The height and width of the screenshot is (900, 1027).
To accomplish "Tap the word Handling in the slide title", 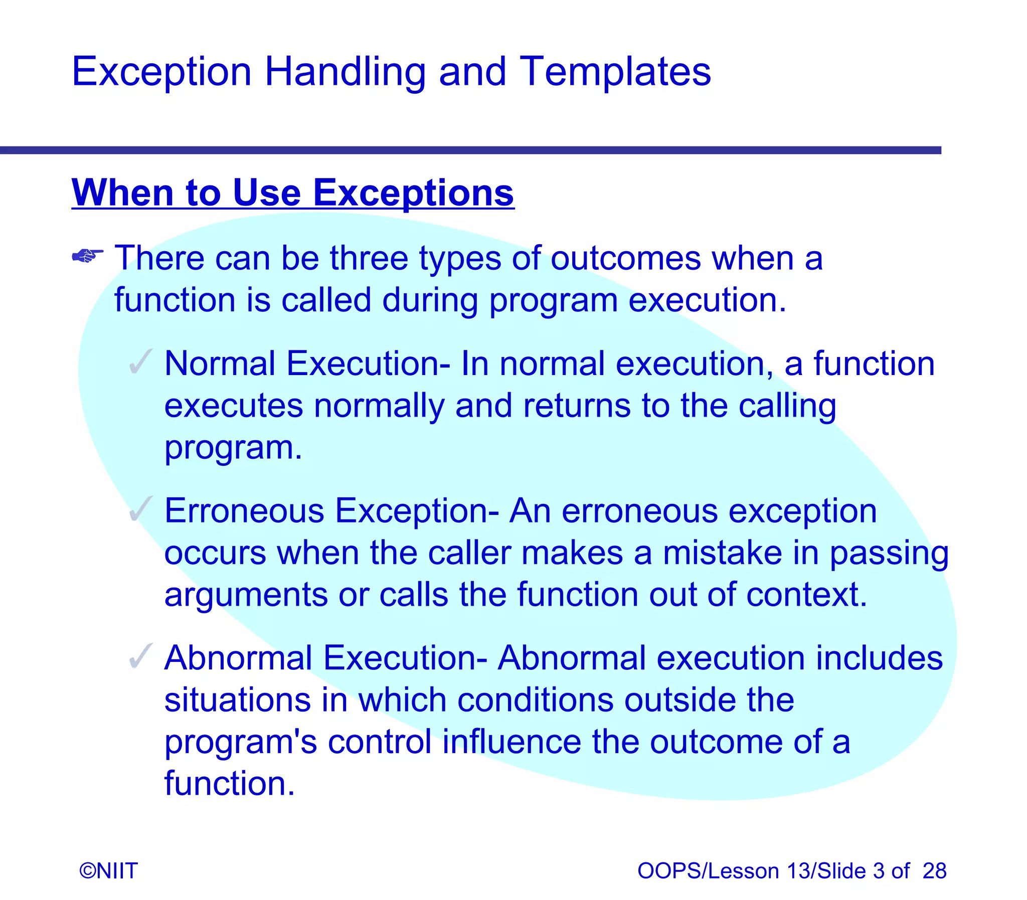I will pyautogui.click(x=345, y=72).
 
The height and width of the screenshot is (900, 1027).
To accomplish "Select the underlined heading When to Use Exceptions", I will pyautogui.click(x=292, y=193).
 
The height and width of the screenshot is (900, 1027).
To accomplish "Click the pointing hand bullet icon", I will pyautogui.click(x=87, y=257).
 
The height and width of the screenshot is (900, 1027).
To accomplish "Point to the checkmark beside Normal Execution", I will pyautogui.click(x=140, y=362).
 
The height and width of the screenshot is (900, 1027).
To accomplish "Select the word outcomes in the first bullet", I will pyautogui.click(x=626, y=258).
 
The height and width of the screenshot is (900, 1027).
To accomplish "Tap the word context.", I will pyautogui.click(x=806, y=595).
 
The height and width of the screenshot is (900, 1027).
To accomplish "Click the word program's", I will pyautogui.click(x=241, y=743).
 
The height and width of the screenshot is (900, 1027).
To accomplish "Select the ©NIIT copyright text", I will pyautogui.click(x=108, y=871).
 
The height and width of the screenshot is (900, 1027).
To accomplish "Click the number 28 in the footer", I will pyautogui.click(x=934, y=871).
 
